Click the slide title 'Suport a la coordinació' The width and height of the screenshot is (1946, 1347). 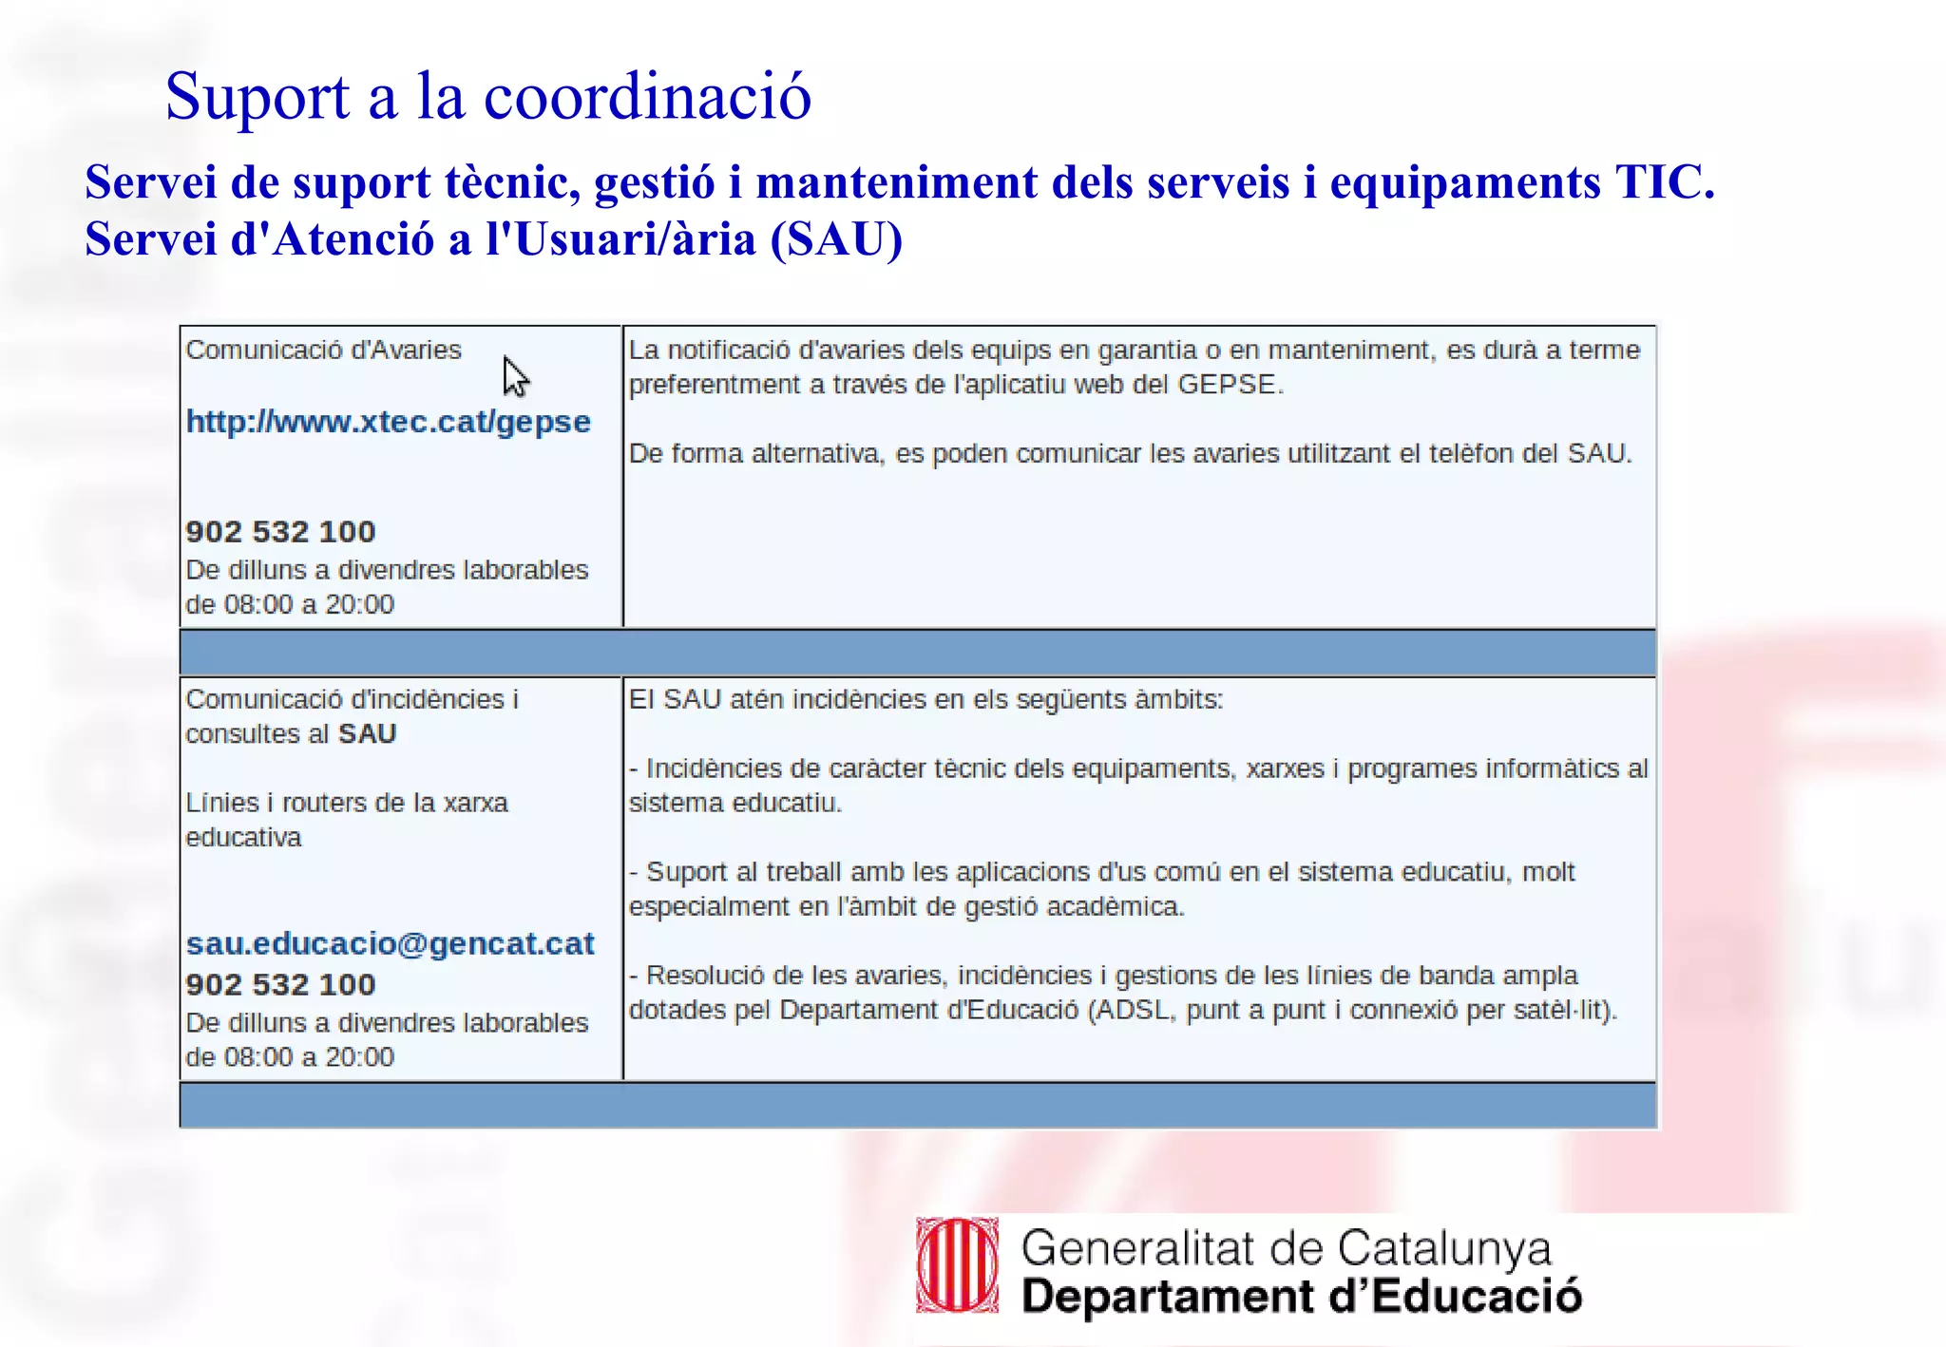[487, 96]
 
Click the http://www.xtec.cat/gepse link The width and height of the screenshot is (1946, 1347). [388, 421]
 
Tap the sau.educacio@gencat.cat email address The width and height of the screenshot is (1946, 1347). [390, 943]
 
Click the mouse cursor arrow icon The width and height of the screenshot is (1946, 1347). [514, 376]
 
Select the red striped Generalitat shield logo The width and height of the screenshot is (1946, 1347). [957, 1265]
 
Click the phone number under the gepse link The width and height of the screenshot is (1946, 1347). [280, 531]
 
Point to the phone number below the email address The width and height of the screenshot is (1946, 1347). [280, 984]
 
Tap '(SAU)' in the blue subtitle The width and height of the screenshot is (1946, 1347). [836, 238]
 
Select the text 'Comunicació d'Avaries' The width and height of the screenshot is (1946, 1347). [323, 350]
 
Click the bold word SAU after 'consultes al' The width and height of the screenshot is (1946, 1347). [367, 733]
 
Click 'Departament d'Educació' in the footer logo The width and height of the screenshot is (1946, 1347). [1301, 1297]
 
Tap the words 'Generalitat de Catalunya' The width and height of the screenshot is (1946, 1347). [1286, 1247]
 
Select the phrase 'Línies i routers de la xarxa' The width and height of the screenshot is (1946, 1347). [347, 803]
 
